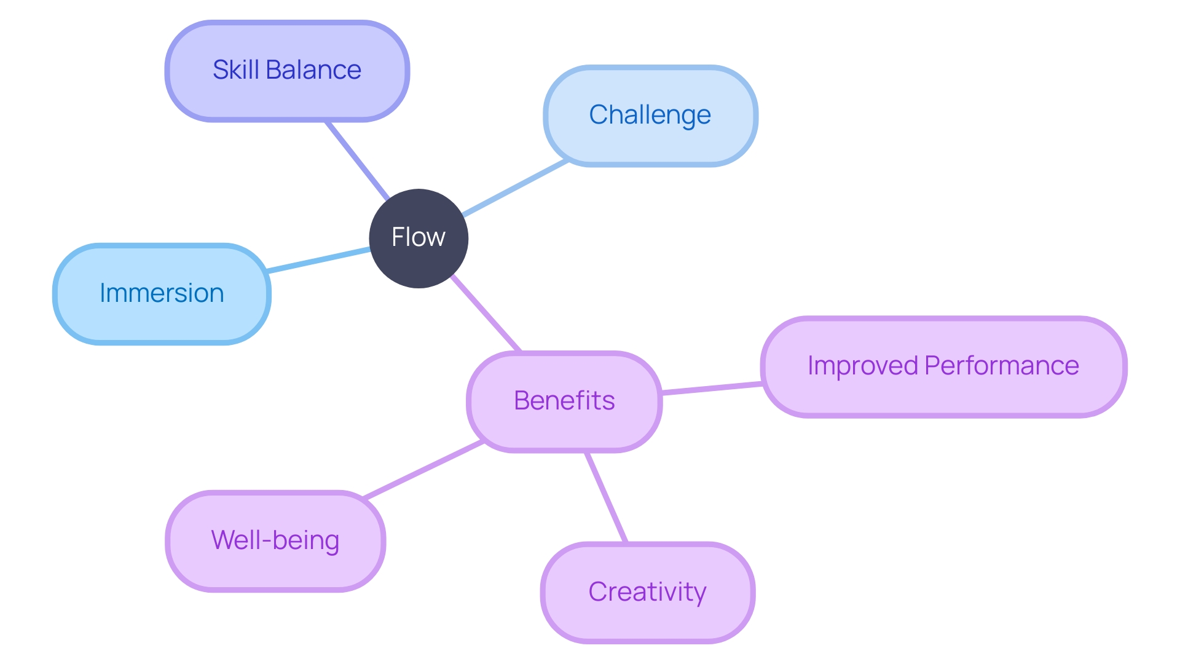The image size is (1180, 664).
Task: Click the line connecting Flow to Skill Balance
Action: (x=357, y=160)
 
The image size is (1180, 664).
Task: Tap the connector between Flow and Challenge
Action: (x=515, y=188)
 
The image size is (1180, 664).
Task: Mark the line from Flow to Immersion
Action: (x=318, y=260)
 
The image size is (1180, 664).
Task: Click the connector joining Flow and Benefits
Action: (x=486, y=314)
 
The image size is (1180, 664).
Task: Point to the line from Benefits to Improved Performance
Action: (x=712, y=387)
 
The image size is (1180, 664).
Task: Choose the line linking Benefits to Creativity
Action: (x=606, y=497)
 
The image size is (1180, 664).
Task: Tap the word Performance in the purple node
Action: (x=1002, y=366)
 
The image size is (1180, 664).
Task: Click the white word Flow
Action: (x=419, y=237)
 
